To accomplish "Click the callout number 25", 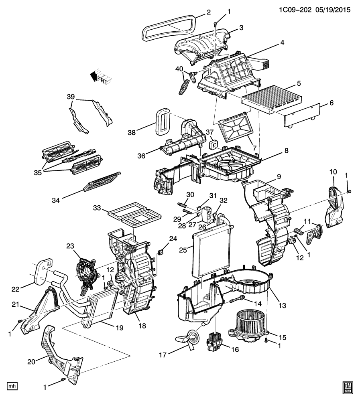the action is (x=183, y=250).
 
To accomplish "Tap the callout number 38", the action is (x=132, y=132).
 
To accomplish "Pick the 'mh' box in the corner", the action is (x=12, y=386).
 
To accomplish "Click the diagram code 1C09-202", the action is (x=295, y=10).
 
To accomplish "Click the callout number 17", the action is (x=163, y=355).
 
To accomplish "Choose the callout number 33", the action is (x=97, y=208).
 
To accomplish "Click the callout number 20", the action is (x=31, y=362).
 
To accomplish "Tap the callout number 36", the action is (x=141, y=156).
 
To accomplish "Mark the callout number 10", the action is (x=333, y=172).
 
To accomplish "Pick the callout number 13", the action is (x=282, y=305).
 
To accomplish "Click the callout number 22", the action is (x=15, y=289).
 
